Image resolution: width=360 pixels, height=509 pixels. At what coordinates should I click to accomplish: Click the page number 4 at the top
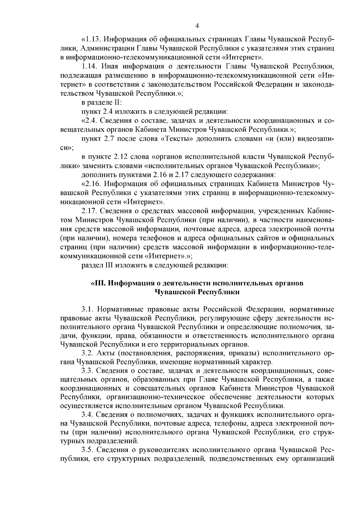point(197,26)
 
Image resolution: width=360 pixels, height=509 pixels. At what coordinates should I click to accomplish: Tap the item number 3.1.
point(88,309)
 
